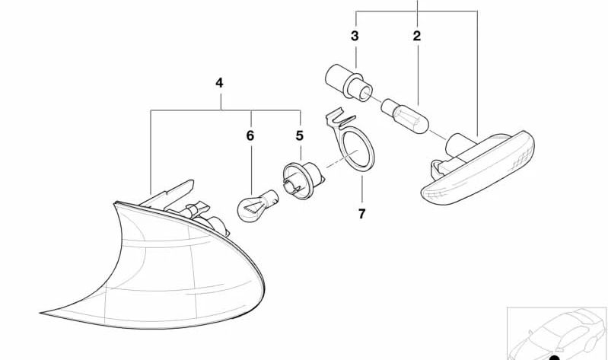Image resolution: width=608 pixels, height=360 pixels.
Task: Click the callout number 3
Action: (x=355, y=36)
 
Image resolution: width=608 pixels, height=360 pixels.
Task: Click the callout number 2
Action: (x=416, y=36)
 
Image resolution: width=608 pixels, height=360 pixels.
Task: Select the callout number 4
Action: (x=219, y=83)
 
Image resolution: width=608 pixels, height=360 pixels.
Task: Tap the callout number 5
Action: (x=299, y=135)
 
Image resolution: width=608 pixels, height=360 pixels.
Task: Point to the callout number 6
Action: (x=250, y=135)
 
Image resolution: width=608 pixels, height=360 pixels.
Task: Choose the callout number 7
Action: (x=361, y=214)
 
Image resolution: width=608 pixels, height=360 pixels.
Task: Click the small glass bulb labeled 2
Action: (x=405, y=117)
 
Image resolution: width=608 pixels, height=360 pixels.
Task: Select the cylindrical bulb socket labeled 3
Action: (x=349, y=83)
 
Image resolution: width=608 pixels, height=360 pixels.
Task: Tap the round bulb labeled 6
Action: (x=257, y=205)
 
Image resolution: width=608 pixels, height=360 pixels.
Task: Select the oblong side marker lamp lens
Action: (x=478, y=167)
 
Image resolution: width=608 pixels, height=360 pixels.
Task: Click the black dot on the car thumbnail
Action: (x=555, y=357)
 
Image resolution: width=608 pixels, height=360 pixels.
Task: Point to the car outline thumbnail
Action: (x=557, y=333)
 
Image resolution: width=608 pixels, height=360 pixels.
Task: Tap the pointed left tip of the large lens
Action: (x=40, y=313)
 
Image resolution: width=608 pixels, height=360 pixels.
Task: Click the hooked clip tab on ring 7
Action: (x=339, y=118)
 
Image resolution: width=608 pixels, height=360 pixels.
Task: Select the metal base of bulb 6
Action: (x=271, y=196)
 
